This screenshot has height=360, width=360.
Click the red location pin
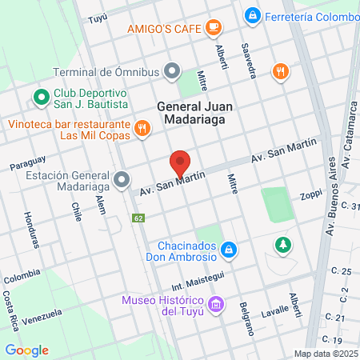click(x=180, y=163)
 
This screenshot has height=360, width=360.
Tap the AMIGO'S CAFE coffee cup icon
click(x=213, y=28)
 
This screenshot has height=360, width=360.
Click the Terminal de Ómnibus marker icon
click(x=172, y=71)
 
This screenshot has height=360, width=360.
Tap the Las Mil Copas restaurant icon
click(x=142, y=128)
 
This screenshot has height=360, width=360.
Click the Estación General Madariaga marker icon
click(x=122, y=179)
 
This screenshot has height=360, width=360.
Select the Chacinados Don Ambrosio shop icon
click(x=229, y=250)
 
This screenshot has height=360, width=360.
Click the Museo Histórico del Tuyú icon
click(x=214, y=304)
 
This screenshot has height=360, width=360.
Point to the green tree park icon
click(x=282, y=244)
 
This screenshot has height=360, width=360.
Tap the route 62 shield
click(x=138, y=218)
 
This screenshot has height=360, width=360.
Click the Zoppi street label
click(x=310, y=194)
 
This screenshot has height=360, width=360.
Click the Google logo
click(x=26, y=350)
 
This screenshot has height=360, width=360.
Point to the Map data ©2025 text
click(x=325, y=354)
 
